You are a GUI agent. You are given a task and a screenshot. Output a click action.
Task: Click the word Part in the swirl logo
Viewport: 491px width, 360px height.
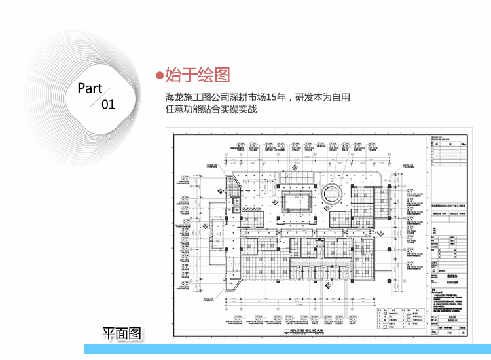[x=90, y=88]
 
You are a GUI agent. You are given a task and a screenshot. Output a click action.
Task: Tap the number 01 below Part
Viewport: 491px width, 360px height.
[x=108, y=104]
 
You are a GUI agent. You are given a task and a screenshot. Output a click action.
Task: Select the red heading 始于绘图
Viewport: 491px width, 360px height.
[x=197, y=74]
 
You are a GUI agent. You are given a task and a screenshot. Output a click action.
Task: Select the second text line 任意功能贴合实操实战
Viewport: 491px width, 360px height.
[x=211, y=109]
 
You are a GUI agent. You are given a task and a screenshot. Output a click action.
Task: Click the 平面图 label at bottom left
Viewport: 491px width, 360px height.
[x=121, y=333]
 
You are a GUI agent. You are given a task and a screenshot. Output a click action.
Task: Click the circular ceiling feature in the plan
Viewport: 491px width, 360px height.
[x=331, y=194]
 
